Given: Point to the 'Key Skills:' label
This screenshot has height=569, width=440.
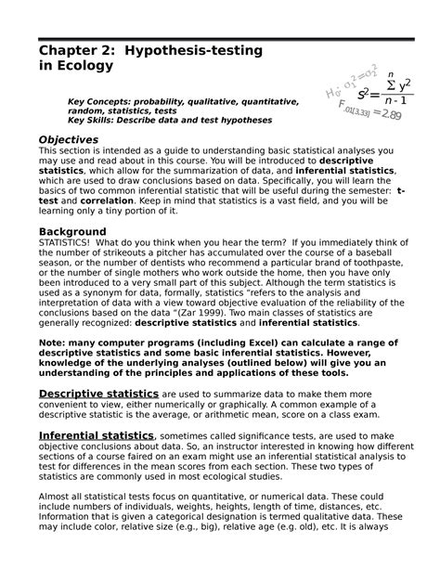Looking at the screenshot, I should point(98,121).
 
